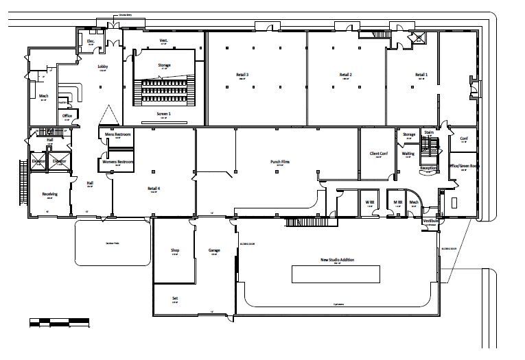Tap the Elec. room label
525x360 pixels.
pyautogui.click(x=90, y=41)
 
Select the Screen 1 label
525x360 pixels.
pyautogui.click(x=165, y=113)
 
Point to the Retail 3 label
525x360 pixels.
pyautogui.click(x=242, y=74)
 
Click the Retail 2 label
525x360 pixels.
pyautogui.click(x=345, y=74)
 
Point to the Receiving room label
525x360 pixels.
pyautogui.click(x=49, y=194)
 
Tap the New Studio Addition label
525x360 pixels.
pyautogui.click(x=335, y=260)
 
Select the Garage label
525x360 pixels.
pyautogui.click(x=214, y=250)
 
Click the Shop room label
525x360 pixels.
pyautogui.click(x=174, y=250)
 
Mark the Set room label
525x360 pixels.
pyautogui.click(x=174, y=298)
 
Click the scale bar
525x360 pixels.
pyautogui.click(x=59, y=320)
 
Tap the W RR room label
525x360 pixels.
pyautogui.click(x=369, y=202)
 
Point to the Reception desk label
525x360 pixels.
pyautogui.click(x=428, y=167)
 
